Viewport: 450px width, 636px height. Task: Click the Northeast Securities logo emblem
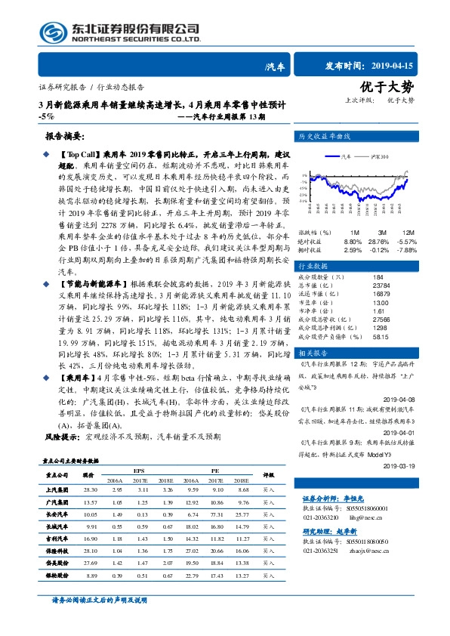click(x=51, y=32)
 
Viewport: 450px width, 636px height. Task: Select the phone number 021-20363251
click(x=322, y=551)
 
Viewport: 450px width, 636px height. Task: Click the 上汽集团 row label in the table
click(x=59, y=489)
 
